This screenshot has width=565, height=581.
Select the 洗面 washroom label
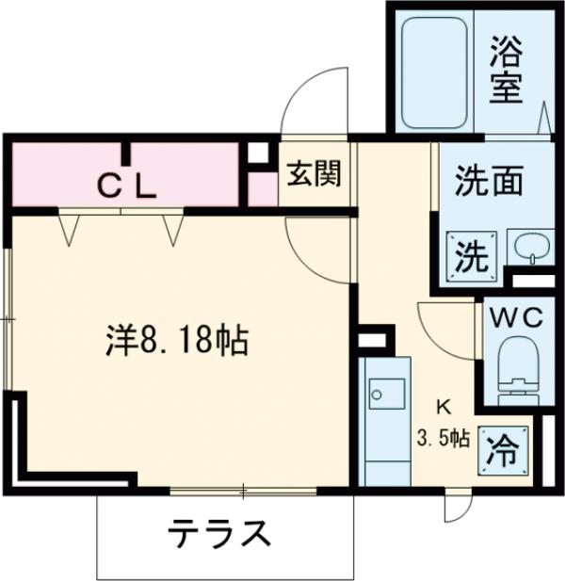[x=489, y=180]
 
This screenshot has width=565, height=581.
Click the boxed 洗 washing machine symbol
[x=469, y=254]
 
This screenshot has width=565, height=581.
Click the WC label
[x=515, y=317]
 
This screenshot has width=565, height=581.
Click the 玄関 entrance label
[x=314, y=175]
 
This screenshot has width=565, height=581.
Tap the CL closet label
[x=127, y=188]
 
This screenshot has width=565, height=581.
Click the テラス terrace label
[x=219, y=535]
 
